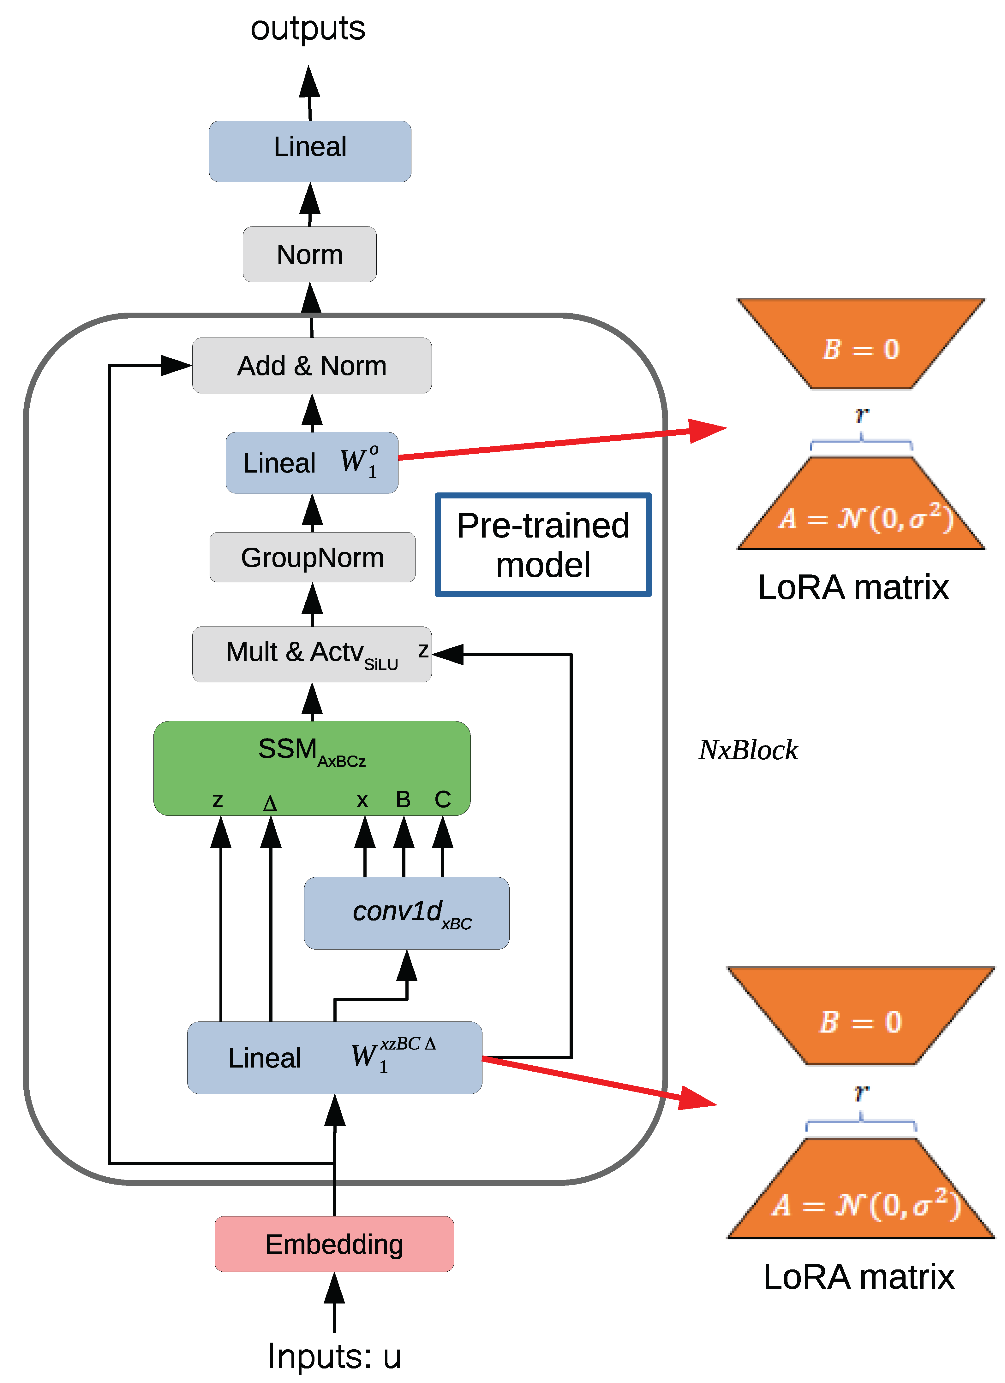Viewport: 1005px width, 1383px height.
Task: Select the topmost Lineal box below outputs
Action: [x=310, y=151]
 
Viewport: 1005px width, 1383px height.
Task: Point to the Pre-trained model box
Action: [x=543, y=544]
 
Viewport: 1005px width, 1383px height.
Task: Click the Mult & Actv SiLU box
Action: [x=312, y=654]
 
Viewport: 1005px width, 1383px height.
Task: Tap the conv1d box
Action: [x=406, y=913]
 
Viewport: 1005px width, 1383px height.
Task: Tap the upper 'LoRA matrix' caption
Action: [x=853, y=587]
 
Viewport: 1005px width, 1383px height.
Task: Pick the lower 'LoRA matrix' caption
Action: [x=858, y=1277]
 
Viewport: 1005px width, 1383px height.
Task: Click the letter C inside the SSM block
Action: [x=442, y=799]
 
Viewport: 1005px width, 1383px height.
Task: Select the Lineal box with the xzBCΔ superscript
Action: [x=334, y=1057]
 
